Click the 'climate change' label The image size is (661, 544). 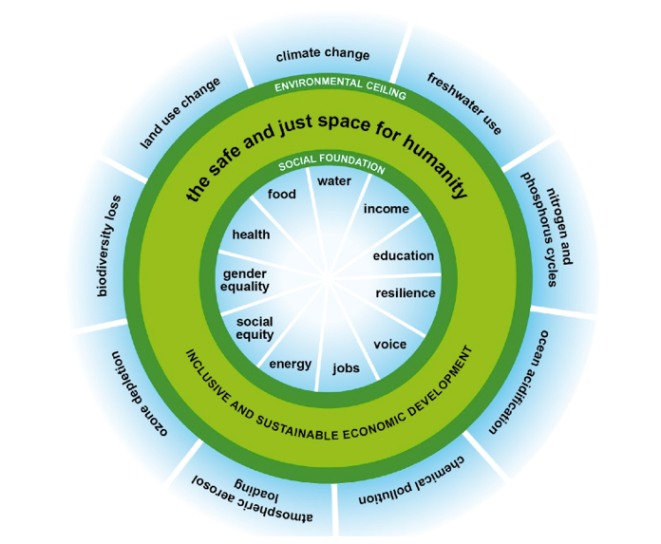[322, 55]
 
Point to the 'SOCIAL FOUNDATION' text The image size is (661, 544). [330, 165]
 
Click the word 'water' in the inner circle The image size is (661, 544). [334, 180]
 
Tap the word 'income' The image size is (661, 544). [386, 209]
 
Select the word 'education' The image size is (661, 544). [403, 255]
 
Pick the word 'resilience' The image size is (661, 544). [406, 293]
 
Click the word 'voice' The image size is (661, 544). [389, 343]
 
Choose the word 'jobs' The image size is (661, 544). [346, 367]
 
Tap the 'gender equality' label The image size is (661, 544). [245, 279]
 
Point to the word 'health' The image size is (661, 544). [251, 234]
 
